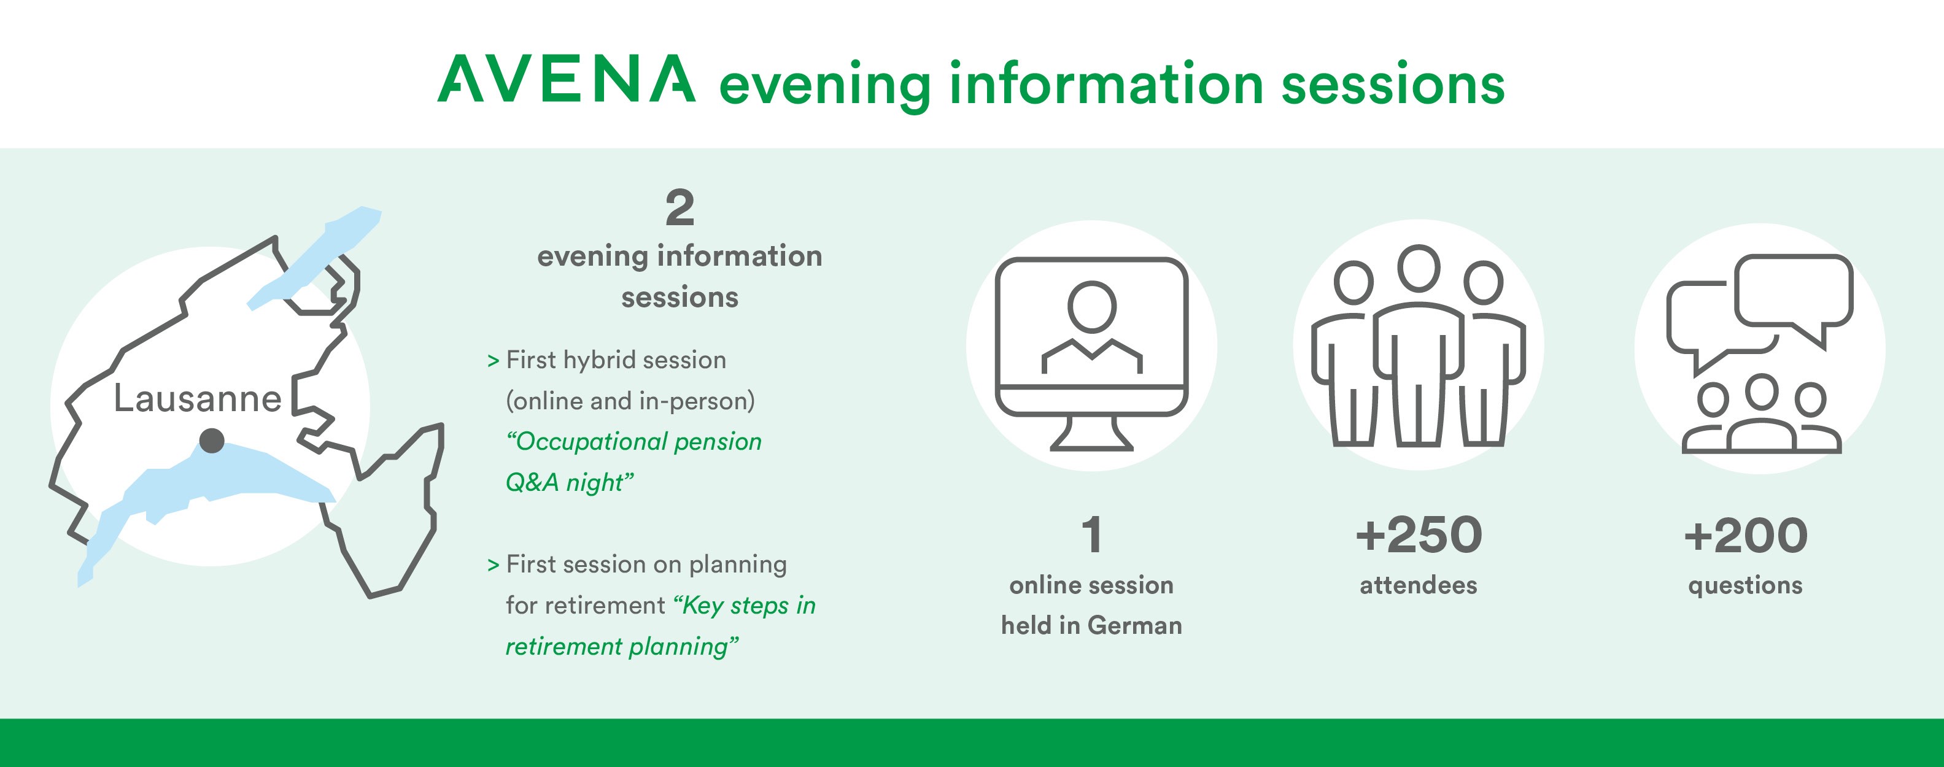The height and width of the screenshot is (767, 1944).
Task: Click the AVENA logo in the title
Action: [567, 79]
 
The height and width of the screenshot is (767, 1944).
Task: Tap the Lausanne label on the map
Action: [198, 398]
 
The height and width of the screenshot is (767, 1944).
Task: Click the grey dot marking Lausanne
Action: [212, 441]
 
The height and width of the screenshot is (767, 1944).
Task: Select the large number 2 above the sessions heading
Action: [680, 208]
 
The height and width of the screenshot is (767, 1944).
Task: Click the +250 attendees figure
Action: [1419, 536]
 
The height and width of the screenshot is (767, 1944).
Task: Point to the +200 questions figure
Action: [1746, 536]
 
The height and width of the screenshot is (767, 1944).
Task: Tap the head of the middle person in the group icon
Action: [1419, 269]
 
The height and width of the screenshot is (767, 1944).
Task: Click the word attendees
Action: [1419, 585]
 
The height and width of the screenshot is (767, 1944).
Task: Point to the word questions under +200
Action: [1746, 586]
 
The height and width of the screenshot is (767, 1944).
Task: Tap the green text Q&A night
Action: [570, 482]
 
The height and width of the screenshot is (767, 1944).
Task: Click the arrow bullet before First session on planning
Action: [494, 565]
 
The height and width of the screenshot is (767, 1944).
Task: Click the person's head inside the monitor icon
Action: [1092, 306]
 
